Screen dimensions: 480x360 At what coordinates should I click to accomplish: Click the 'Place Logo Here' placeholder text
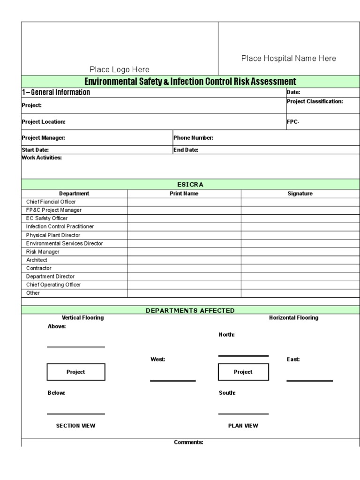click(x=120, y=69)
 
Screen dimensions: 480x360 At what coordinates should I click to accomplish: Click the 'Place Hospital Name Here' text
click(x=288, y=59)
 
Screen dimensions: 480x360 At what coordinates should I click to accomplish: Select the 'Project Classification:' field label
click(x=315, y=101)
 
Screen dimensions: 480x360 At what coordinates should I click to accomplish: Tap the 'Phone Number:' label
click(x=193, y=138)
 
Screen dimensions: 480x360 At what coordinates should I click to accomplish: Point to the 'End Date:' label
click(x=186, y=150)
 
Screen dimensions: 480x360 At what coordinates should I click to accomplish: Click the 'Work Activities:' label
click(x=42, y=158)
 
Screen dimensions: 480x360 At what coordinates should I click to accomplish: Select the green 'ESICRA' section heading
click(x=190, y=185)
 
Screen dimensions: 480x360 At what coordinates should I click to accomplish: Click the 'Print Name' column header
click(x=184, y=193)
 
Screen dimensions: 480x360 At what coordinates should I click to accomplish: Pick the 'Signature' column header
click(x=300, y=193)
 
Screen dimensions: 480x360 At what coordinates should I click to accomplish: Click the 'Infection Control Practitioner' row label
click(x=60, y=226)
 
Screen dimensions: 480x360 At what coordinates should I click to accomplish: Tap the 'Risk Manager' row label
click(x=43, y=252)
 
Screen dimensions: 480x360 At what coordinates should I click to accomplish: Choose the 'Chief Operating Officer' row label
click(x=53, y=285)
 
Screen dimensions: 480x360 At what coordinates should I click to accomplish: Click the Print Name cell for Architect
click(x=184, y=260)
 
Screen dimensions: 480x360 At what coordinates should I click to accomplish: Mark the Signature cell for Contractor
click(x=300, y=268)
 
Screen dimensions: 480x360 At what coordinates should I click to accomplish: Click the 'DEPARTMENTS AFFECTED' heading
click(x=190, y=310)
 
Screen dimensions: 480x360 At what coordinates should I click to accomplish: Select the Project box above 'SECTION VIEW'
click(x=76, y=372)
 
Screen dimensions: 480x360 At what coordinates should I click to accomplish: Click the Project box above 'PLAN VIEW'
click(x=243, y=372)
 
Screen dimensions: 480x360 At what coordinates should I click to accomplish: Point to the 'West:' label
click(x=157, y=360)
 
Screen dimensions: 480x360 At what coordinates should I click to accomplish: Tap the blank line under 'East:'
click(x=309, y=380)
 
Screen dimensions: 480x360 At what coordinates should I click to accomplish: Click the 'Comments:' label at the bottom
click(x=188, y=442)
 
